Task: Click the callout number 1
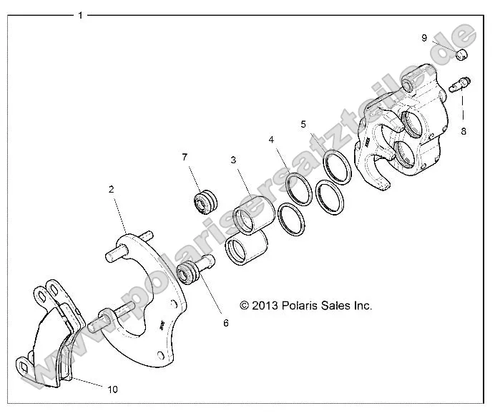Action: [80, 14]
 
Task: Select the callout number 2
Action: [112, 189]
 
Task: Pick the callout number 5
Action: [304, 123]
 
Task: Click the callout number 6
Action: [225, 323]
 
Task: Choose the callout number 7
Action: [184, 157]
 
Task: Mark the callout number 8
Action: [464, 131]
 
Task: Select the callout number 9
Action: [424, 37]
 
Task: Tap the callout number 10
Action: [112, 390]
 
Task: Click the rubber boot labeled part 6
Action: [190, 273]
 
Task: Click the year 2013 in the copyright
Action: [265, 305]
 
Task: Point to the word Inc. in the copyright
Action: [362, 305]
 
